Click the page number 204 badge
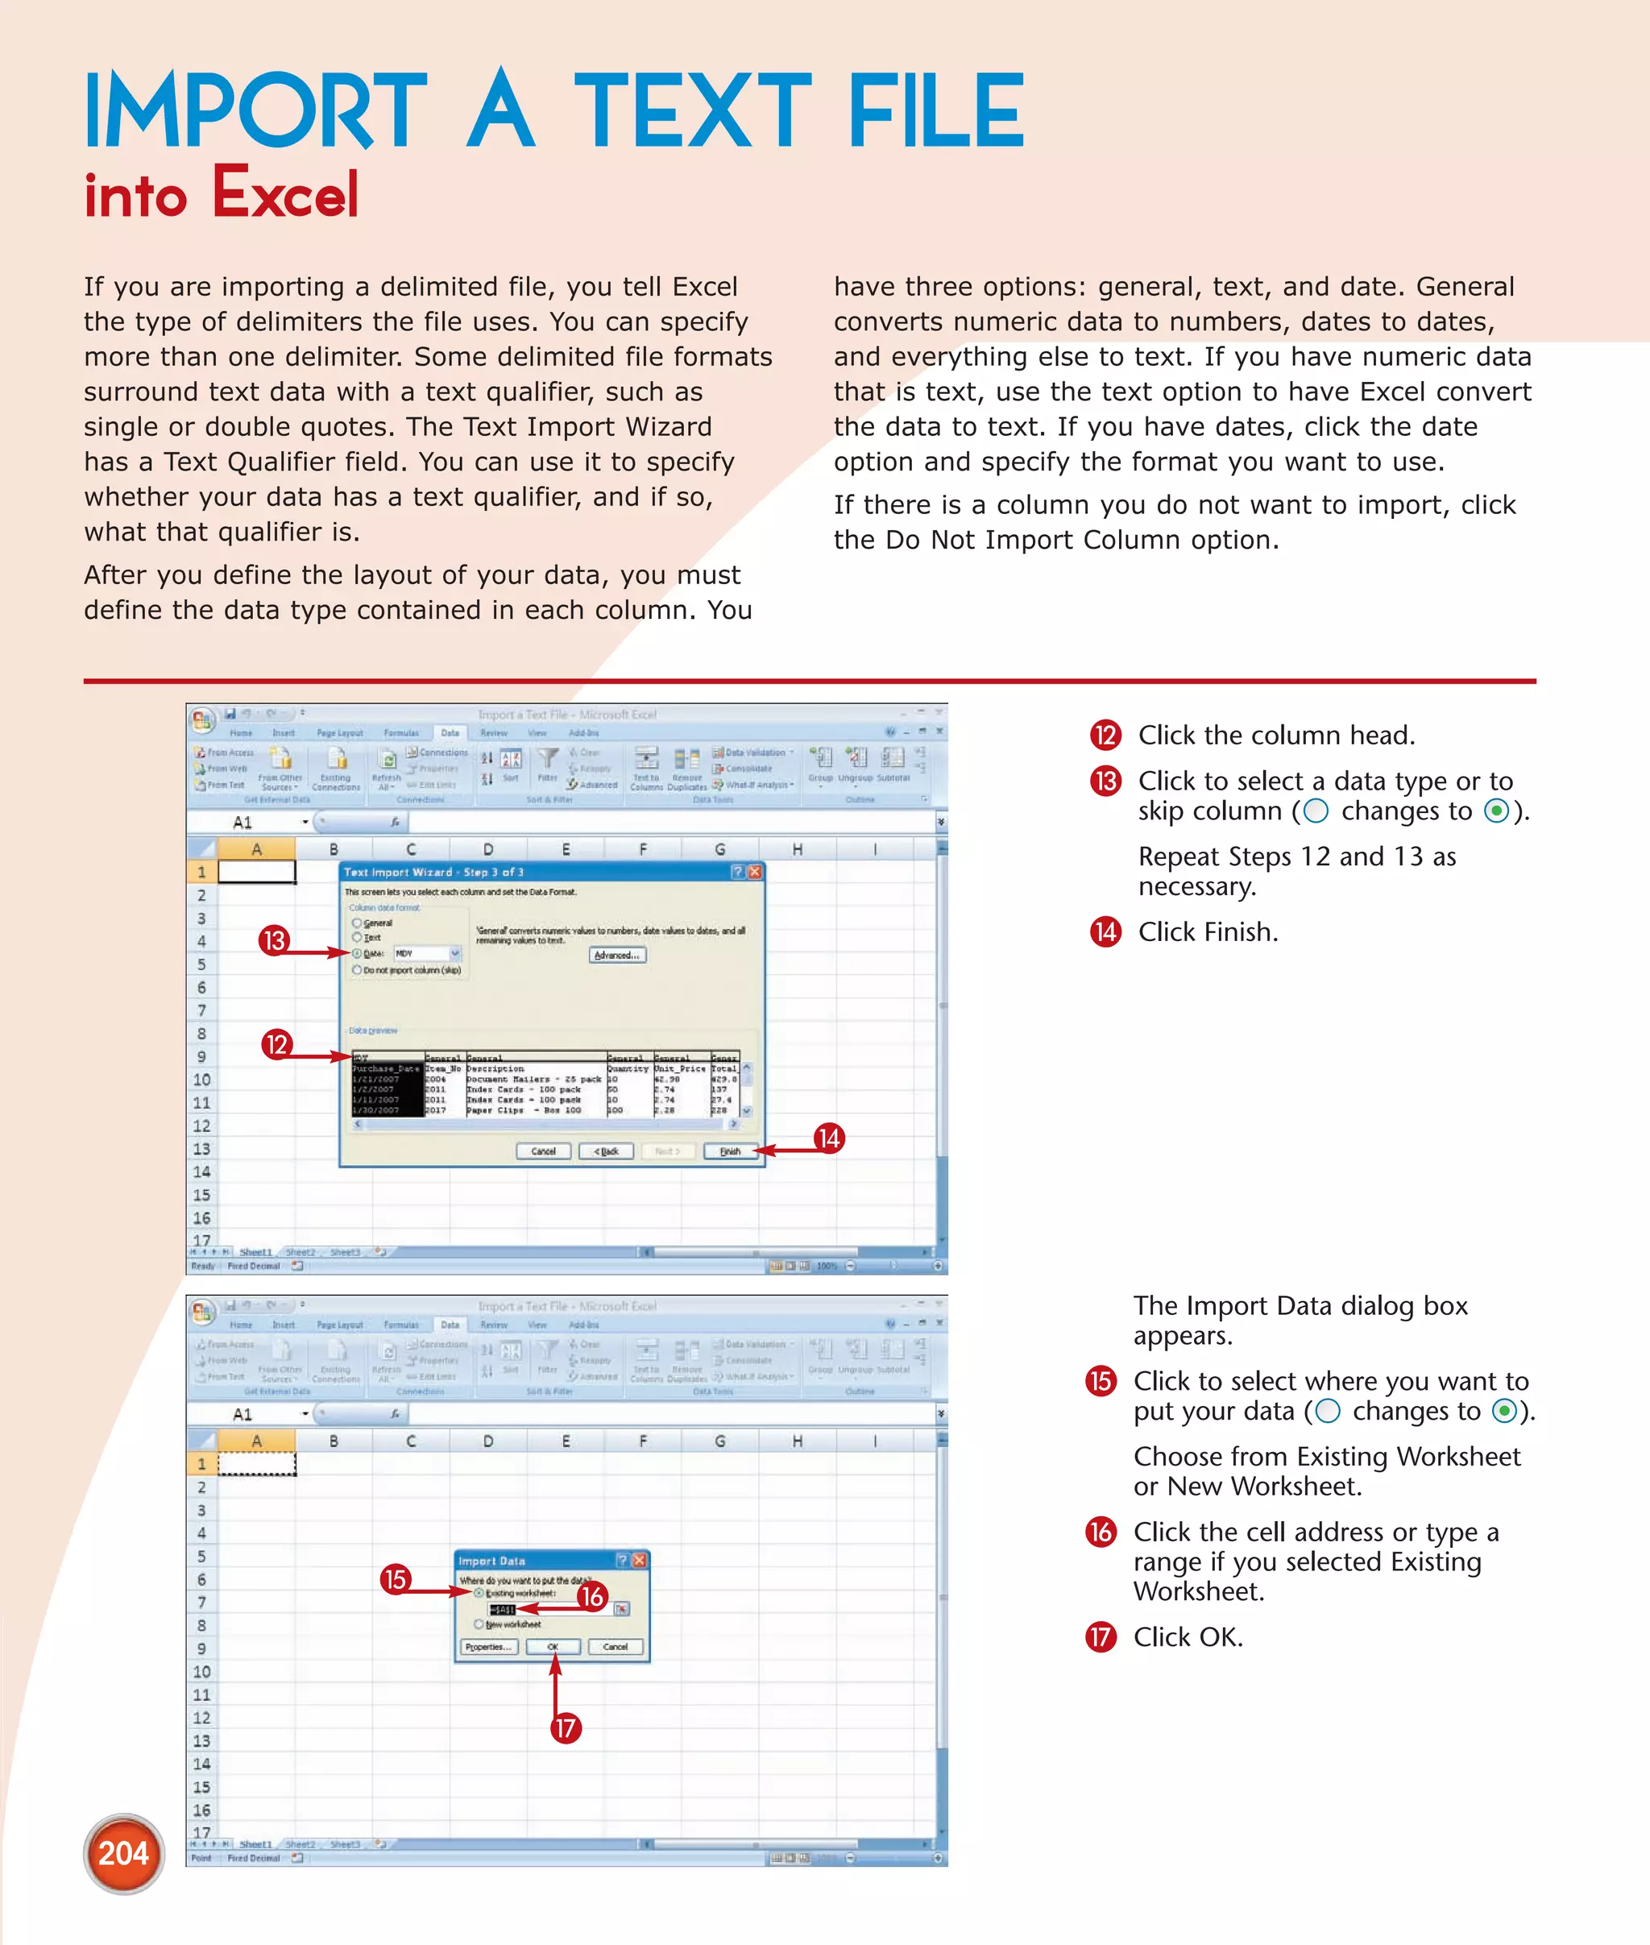pyautogui.click(x=123, y=1852)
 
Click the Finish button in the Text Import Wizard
pyautogui.click(x=730, y=1151)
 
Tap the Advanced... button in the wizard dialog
pyautogui.click(x=617, y=956)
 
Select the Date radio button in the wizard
pyautogui.click(x=358, y=953)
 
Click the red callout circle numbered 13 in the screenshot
pyautogui.click(x=274, y=940)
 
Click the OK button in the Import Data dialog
pyautogui.click(x=553, y=1647)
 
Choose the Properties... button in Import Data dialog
pyautogui.click(x=488, y=1647)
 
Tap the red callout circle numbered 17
pyautogui.click(x=565, y=1728)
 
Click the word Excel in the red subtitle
pyautogui.click(x=285, y=193)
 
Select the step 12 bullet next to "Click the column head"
pyautogui.click(x=1105, y=736)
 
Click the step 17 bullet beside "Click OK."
pyautogui.click(x=1101, y=1637)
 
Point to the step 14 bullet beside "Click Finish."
pyautogui.click(x=1105, y=931)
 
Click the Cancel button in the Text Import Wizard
pyautogui.click(x=544, y=1151)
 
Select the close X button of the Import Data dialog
pyautogui.click(x=640, y=1561)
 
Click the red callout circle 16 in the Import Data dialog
pyautogui.click(x=591, y=1596)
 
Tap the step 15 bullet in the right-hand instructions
pyautogui.click(x=1101, y=1381)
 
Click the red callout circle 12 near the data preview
pyautogui.click(x=277, y=1044)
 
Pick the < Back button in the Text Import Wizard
pyautogui.click(x=606, y=1151)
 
